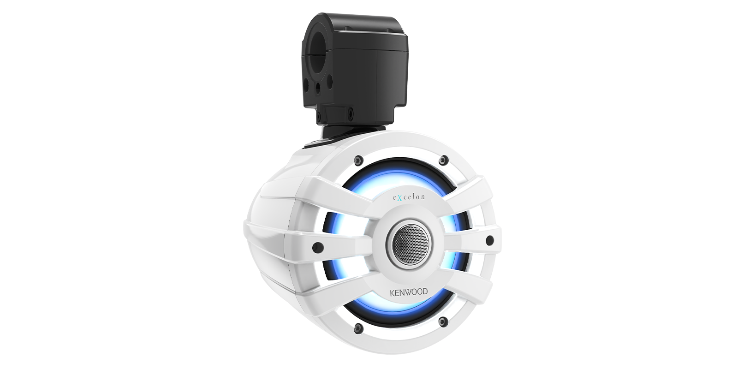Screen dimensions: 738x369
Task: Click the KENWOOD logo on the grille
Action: click(x=409, y=292)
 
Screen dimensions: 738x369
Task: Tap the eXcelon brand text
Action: click(x=408, y=197)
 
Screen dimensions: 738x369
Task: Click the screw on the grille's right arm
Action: click(x=489, y=240)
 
